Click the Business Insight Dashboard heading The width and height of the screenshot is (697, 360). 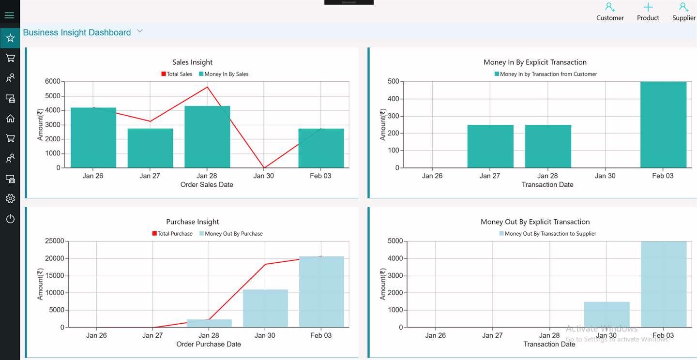coord(77,32)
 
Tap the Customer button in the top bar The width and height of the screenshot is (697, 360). coord(610,12)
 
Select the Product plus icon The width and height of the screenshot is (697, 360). coord(648,7)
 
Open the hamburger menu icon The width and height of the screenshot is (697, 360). coord(9,15)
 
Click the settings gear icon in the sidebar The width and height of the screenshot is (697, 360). coord(10,198)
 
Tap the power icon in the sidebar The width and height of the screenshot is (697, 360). coord(10,218)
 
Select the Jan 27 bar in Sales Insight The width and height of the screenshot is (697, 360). coord(150,148)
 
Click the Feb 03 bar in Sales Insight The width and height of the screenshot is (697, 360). coord(321,148)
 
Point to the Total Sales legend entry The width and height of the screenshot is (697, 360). coord(177,74)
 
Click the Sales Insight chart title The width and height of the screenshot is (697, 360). coord(192,62)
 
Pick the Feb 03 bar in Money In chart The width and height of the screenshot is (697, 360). coord(664,125)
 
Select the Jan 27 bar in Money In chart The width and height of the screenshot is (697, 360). coord(490,146)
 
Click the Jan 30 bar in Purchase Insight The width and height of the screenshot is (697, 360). coord(265,308)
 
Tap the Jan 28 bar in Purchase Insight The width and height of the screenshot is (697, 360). coord(210,323)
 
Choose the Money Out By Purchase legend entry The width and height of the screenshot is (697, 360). coord(231,234)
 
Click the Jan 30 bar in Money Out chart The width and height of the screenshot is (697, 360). coord(607,315)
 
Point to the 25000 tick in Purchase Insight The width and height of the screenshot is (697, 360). coord(54,241)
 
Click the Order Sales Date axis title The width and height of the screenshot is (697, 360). coord(207,184)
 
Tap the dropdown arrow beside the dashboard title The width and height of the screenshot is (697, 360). coord(140,31)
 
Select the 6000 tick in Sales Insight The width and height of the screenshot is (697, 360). coord(53,81)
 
